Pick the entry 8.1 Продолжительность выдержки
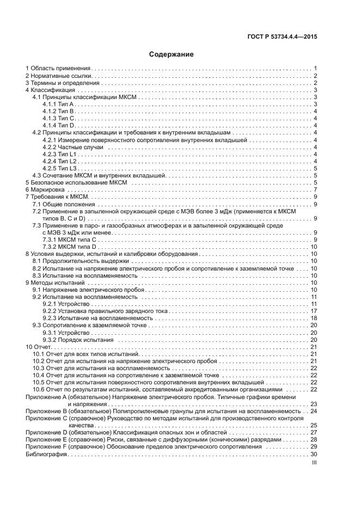coord(76,261)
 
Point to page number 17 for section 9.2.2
coord(314,311)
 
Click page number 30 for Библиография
coord(314,454)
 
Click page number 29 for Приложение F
coord(314,446)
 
